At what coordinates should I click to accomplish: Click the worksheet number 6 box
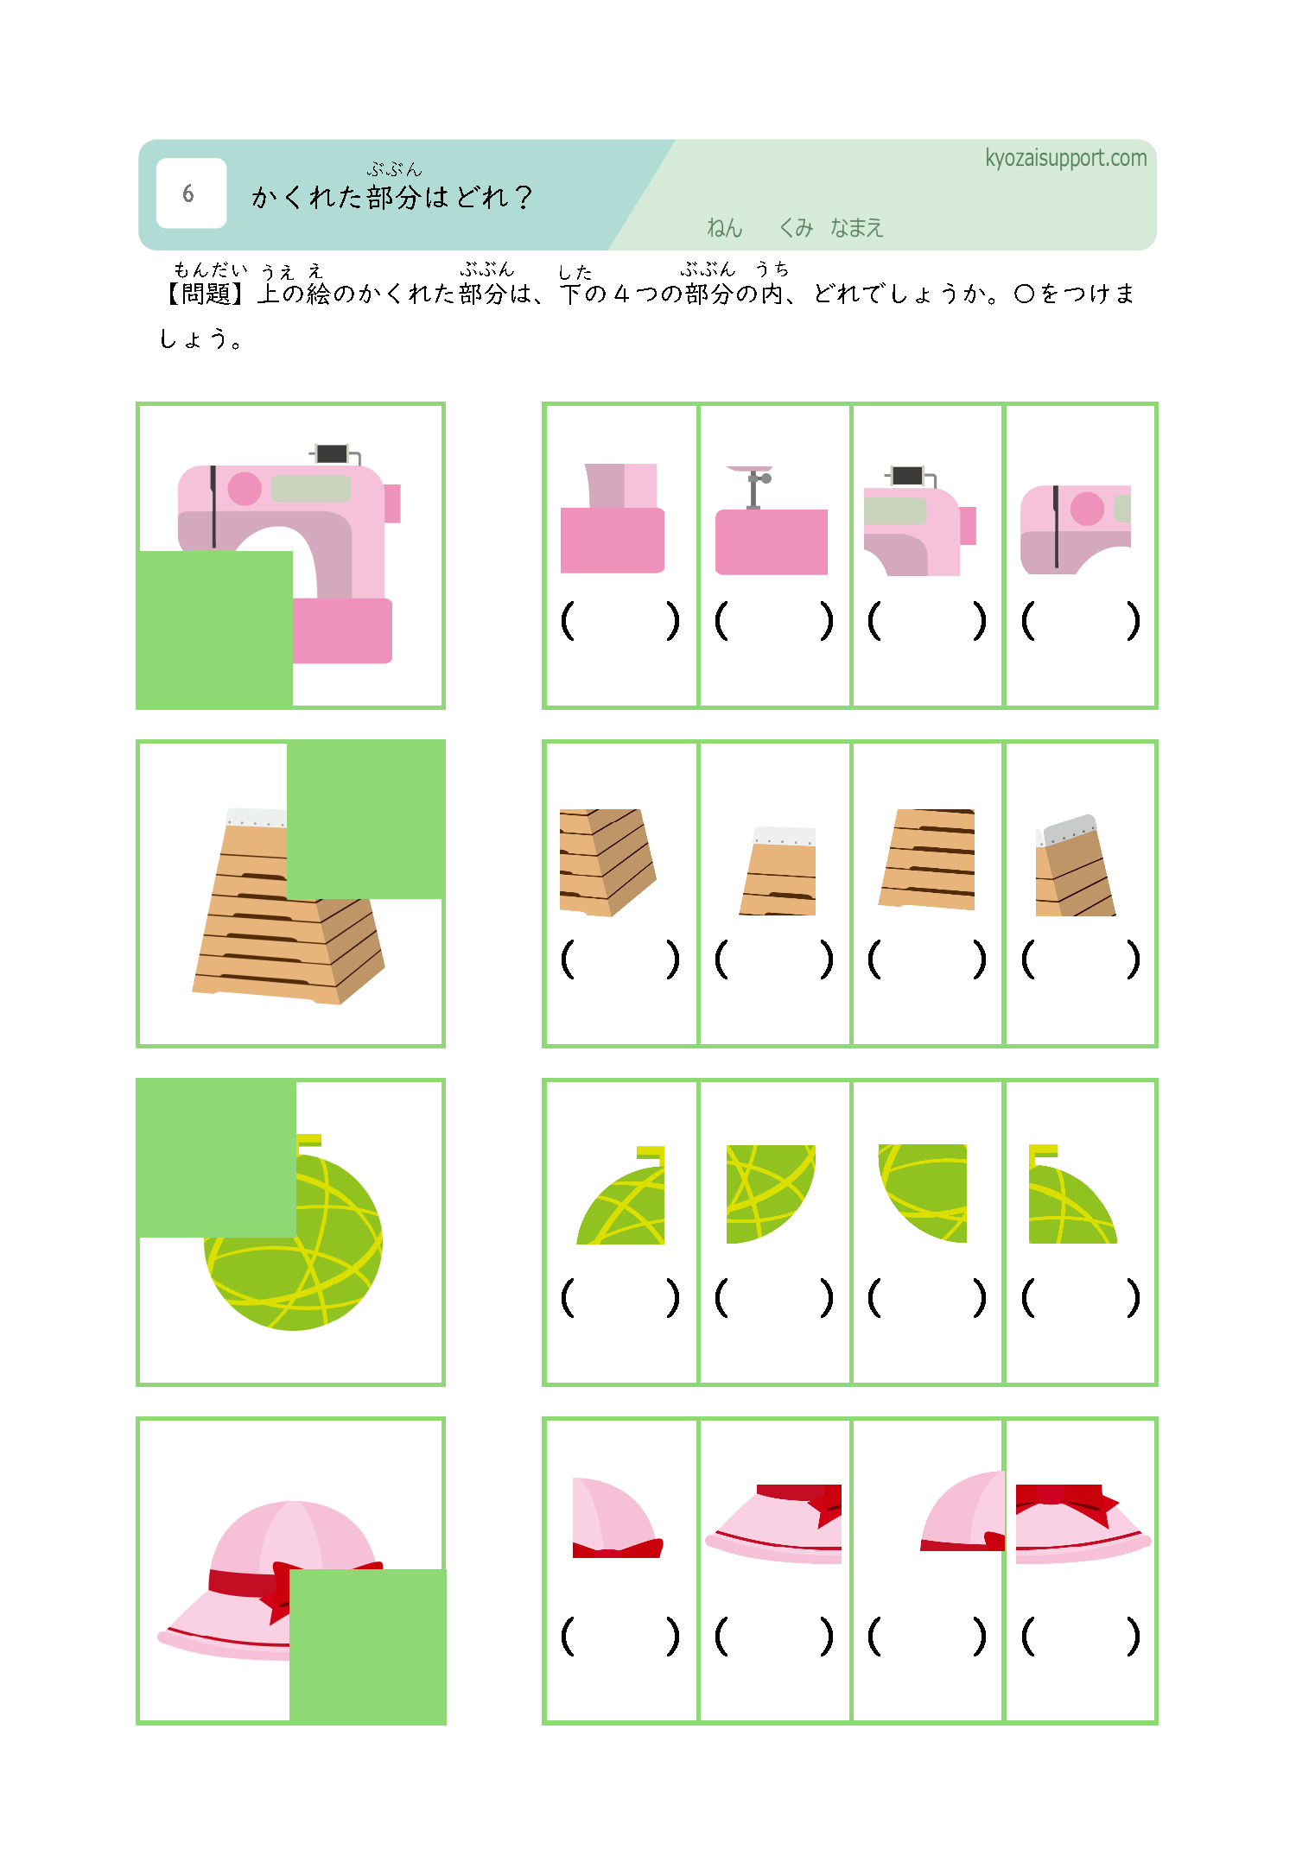[x=191, y=193]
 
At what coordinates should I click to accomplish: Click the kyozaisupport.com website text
[x=1065, y=159]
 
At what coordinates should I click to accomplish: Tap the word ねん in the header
[x=724, y=228]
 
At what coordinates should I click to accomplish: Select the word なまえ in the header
[x=856, y=228]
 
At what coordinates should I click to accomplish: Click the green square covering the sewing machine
[x=214, y=630]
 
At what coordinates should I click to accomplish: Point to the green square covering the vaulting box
[x=365, y=820]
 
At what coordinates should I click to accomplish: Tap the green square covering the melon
[x=216, y=1158]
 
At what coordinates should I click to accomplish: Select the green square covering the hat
[x=367, y=1646]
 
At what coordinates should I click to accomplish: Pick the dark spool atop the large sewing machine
[x=332, y=453]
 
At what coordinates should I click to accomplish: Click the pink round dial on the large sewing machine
[x=245, y=489]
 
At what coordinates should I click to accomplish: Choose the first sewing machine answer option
[x=613, y=518]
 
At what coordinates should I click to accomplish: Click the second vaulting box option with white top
[x=778, y=871]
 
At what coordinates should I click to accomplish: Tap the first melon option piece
[x=621, y=1195]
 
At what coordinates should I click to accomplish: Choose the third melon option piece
[x=923, y=1194]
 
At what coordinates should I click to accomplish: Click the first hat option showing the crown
[x=617, y=1518]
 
